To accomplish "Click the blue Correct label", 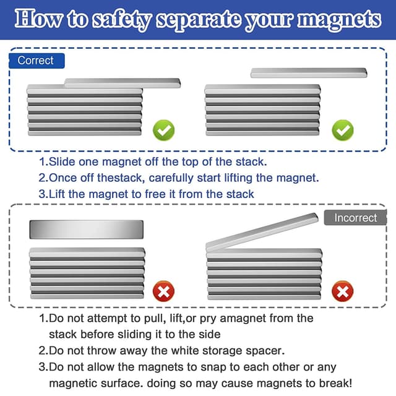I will click(36, 61).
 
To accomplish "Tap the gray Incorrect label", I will click(355, 218).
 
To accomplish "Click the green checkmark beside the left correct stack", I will click(164, 130).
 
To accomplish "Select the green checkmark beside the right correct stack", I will click(342, 130).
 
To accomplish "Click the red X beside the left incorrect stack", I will click(163, 291).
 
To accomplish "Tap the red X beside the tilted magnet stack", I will click(342, 291).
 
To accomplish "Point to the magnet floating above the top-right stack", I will click(309, 73).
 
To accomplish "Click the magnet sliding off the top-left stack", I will click(123, 82).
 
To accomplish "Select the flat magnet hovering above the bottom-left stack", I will click(86, 230).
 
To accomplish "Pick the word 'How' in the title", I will click(39, 20).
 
